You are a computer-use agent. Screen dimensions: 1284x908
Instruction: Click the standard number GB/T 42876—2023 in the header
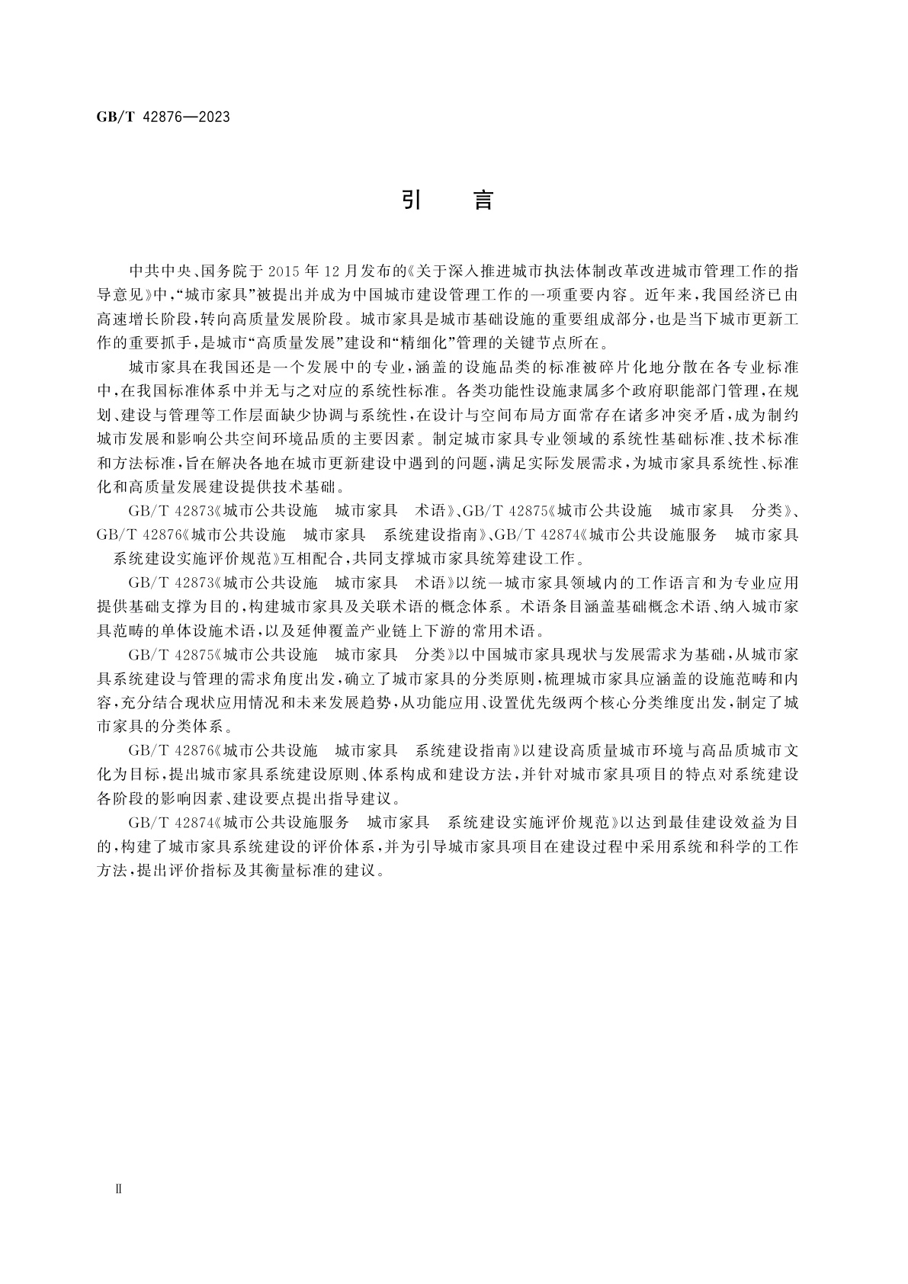coord(162,117)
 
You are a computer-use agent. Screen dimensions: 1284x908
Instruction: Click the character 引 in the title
coord(412,201)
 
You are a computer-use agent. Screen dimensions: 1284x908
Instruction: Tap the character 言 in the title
coord(483,201)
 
